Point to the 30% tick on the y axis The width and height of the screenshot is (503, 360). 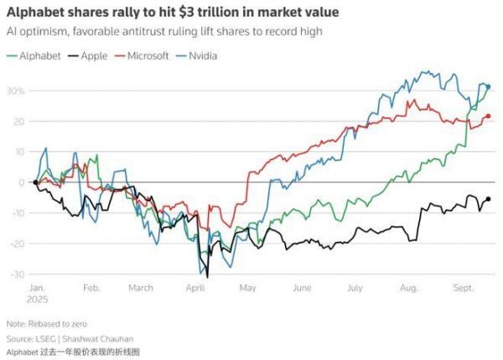click(x=15, y=91)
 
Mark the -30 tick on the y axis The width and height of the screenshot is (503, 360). click(x=17, y=274)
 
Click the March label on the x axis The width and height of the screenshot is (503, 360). click(x=140, y=288)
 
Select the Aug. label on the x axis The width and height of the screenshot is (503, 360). click(x=408, y=288)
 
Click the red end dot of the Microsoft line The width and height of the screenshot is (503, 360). click(x=489, y=116)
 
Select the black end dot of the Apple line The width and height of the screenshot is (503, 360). click(x=489, y=199)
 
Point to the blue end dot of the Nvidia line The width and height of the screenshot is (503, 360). click(x=489, y=86)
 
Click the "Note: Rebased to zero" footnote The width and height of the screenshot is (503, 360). click(x=46, y=323)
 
